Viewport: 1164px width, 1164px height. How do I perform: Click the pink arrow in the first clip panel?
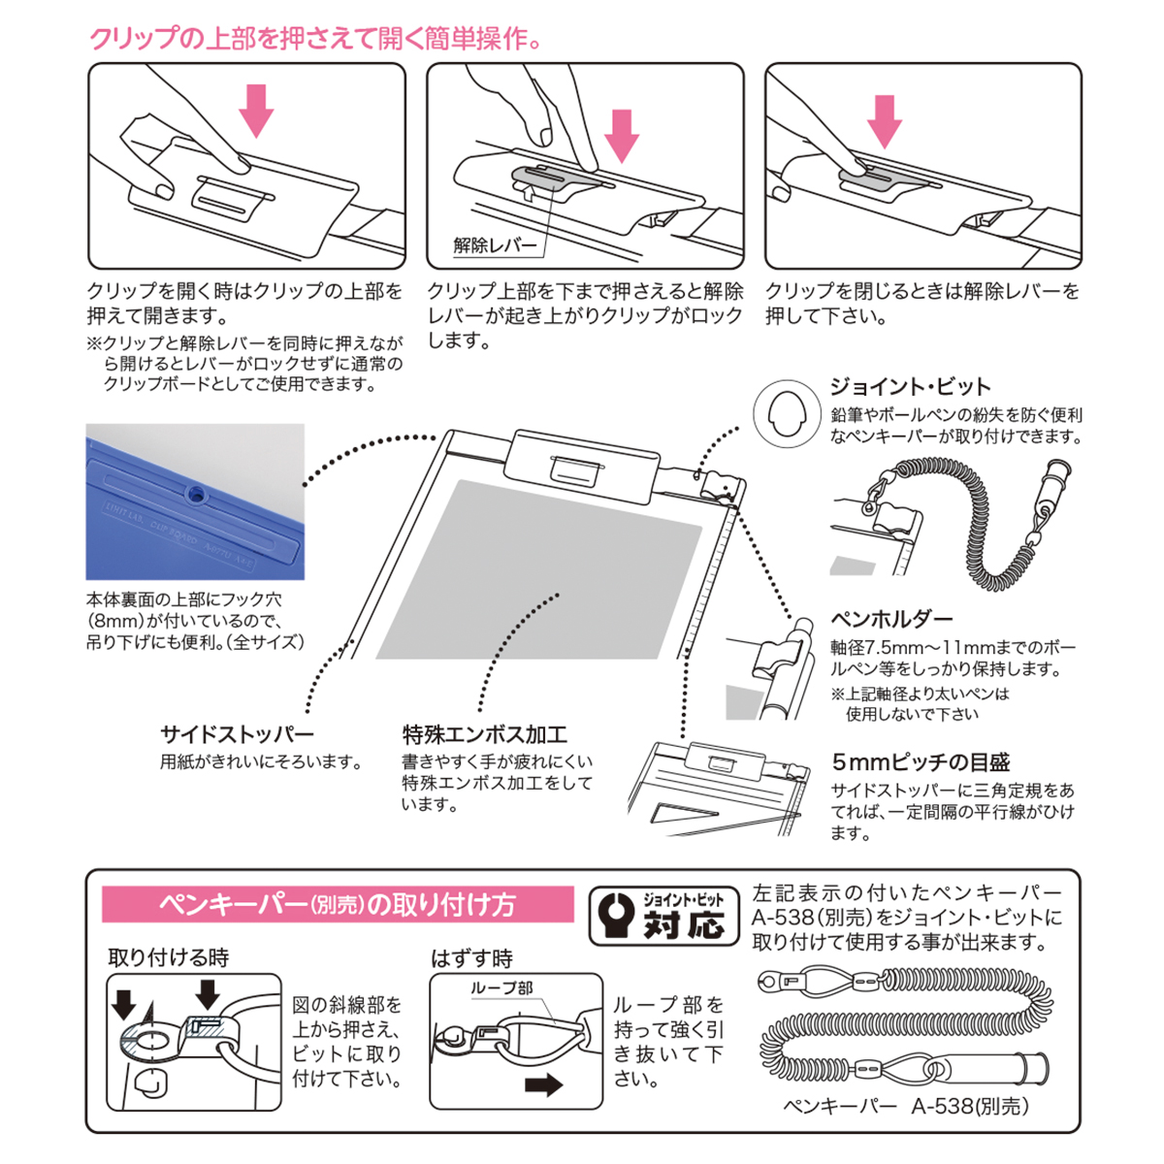click(x=257, y=108)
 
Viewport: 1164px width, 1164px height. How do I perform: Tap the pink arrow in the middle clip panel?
click(x=622, y=134)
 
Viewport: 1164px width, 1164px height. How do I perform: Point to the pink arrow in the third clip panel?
click(x=884, y=118)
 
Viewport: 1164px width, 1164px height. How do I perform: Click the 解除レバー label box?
click(x=495, y=245)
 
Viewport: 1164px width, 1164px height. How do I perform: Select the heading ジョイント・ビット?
click(x=910, y=386)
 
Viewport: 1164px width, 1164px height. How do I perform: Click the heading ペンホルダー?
click(x=891, y=619)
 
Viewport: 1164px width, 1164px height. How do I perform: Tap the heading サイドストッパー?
click(x=237, y=734)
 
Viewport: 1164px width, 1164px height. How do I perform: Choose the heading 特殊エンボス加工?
click(x=485, y=734)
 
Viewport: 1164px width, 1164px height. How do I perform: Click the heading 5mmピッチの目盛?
click(x=921, y=762)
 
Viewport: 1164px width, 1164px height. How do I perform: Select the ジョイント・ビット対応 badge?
click(x=664, y=914)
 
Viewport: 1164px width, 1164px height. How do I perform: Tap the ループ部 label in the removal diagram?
click(x=501, y=988)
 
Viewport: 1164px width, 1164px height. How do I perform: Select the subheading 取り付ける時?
click(x=169, y=957)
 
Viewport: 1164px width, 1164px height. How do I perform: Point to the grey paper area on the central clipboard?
click(x=543, y=572)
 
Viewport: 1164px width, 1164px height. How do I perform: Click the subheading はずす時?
click(x=471, y=958)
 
